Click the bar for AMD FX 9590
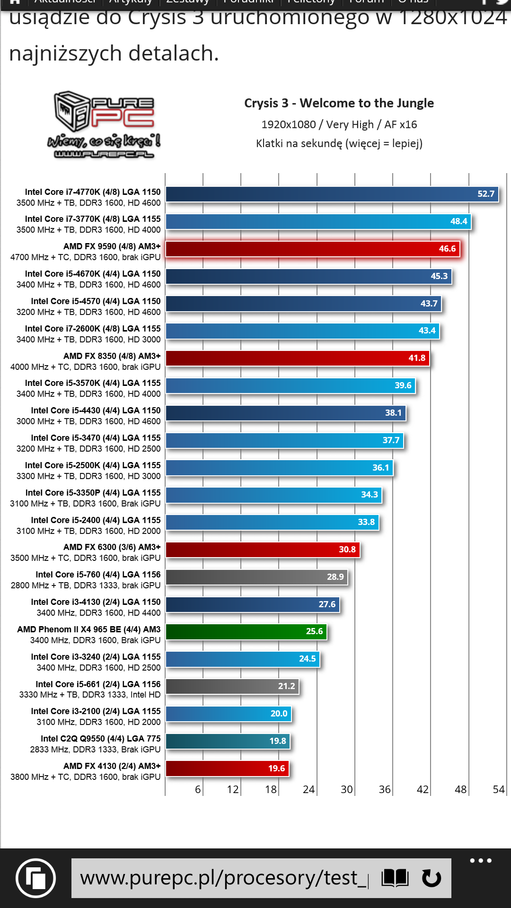312,249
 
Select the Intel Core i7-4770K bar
331,194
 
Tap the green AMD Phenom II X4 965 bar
246,631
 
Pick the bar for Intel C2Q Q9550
227,741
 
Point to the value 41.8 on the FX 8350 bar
417,358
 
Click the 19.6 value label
277,768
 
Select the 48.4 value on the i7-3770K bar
458,221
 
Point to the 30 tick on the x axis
347,789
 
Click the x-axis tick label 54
499,789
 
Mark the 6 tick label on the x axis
198,789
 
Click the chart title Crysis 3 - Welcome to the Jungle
339,103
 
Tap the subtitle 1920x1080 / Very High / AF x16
339,124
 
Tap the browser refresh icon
431,878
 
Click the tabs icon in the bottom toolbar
35,878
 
